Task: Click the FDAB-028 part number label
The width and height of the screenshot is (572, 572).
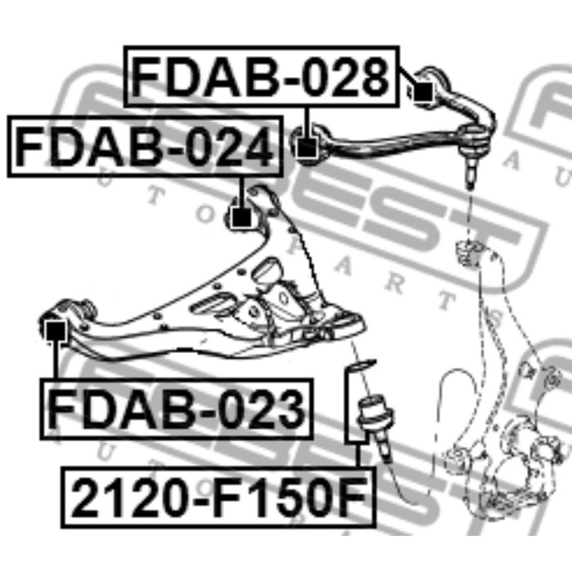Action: [261, 77]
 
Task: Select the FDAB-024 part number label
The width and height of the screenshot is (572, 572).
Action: [145, 146]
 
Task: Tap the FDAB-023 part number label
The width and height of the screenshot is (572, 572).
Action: [177, 409]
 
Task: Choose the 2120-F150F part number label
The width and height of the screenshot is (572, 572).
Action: [218, 497]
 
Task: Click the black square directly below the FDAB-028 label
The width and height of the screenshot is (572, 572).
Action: [306, 148]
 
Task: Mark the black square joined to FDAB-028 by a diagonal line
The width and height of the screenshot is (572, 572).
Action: [423, 92]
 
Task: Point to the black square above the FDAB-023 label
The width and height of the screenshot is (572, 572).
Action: [56, 331]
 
